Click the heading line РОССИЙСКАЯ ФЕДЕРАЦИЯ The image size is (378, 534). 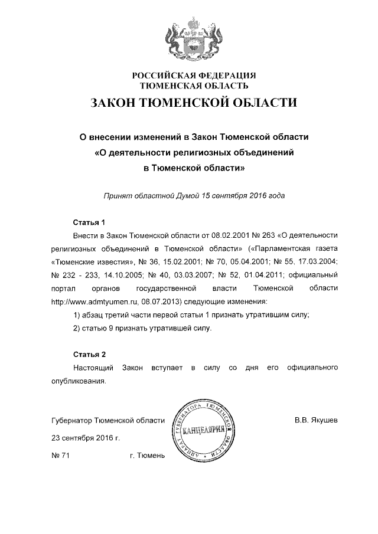pyautogui.click(x=194, y=76)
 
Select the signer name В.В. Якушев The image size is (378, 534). pyautogui.click(x=316, y=421)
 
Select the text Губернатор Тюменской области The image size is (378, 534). pyautogui.click(x=107, y=421)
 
